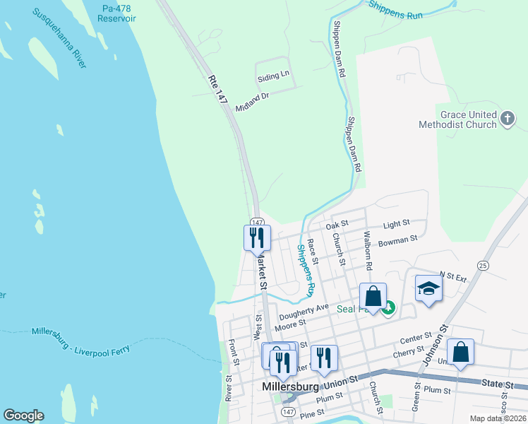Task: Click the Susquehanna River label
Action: pyautogui.click(x=59, y=40)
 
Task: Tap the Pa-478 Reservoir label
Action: pyautogui.click(x=117, y=13)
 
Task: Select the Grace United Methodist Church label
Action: pyautogui.click(x=468, y=119)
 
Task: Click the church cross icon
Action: pyautogui.click(x=508, y=119)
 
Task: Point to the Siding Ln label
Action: pyautogui.click(x=274, y=73)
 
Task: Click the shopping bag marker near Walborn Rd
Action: pyautogui.click(x=373, y=296)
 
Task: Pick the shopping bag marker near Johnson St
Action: pyautogui.click(x=460, y=352)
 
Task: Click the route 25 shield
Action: pyautogui.click(x=483, y=265)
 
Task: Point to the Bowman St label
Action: pyautogui.click(x=398, y=241)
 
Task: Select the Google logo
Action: pyautogui.click(x=23, y=416)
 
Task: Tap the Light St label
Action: pyautogui.click(x=396, y=225)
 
